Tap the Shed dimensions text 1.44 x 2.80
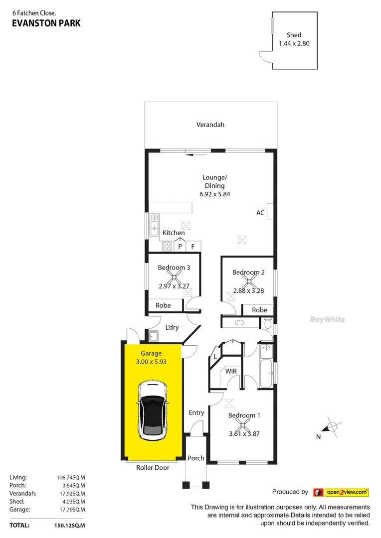pyautogui.click(x=294, y=44)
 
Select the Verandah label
pyautogui.click(x=210, y=125)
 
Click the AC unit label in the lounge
pyautogui.click(x=260, y=213)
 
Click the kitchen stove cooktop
pyautogui.click(x=167, y=246)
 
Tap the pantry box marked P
pyautogui.click(x=180, y=246)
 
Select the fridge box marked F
pyautogui.click(x=193, y=246)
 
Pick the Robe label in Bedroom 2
pyautogui.click(x=259, y=310)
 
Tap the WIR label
pyautogui.click(x=231, y=371)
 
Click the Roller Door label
pyautogui.click(x=153, y=468)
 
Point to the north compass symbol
pyautogui.click(x=330, y=427)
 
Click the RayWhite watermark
pyautogui.click(x=328, y=319)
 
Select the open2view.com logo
pyautogui.click(x=341, y=492)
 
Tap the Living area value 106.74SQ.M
pyautogui.click(x=71, y=477)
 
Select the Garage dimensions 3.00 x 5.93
pyautogui.click(x=151, y=362)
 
